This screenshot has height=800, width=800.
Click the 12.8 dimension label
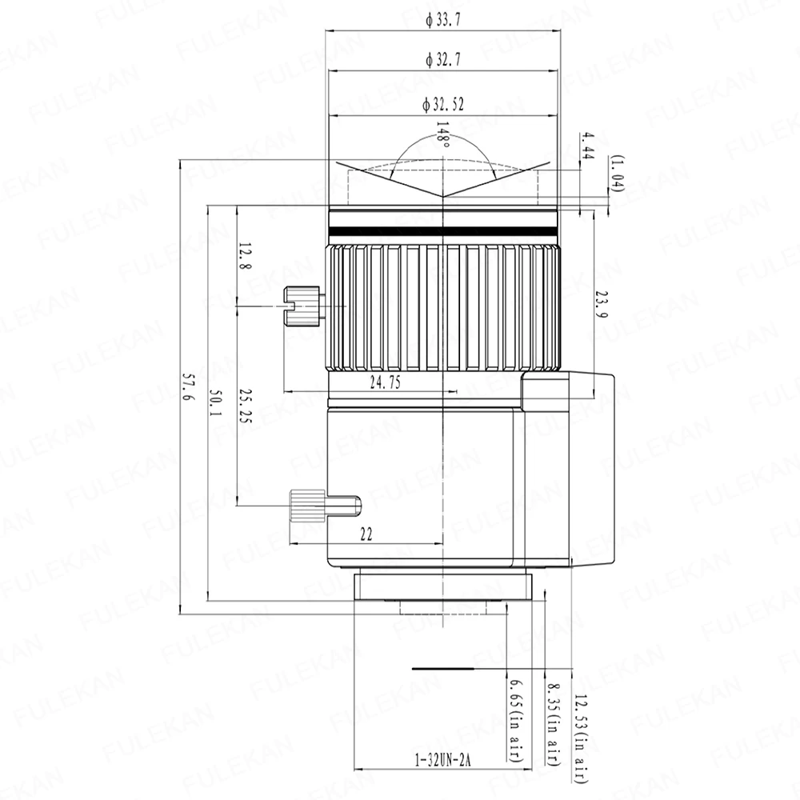click(x=244, y=258)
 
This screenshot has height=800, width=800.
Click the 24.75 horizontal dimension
click(x=384, y=383)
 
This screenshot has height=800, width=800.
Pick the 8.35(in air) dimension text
click(x=552, y=724)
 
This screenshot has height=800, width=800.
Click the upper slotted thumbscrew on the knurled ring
click(x=302, y=306)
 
